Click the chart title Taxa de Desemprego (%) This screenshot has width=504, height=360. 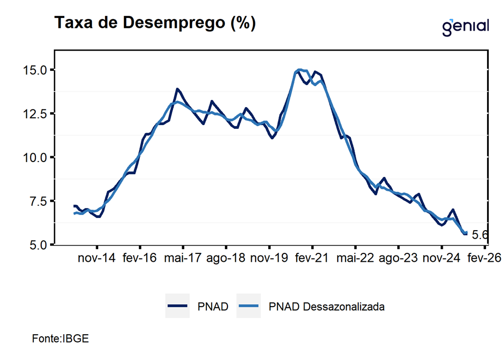coord(155,23)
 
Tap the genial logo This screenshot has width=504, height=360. coord(465,26)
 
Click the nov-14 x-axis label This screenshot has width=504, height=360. coord(97,259)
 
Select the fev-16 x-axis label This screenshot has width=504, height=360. coord(140,259)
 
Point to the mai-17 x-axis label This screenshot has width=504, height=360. coord(183,259)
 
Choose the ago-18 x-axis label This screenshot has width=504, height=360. coord(226,259)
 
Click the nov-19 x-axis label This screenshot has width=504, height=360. coord(269,259)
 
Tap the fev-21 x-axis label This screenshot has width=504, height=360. coord(312,259)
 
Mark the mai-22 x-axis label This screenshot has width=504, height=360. coord(355,259)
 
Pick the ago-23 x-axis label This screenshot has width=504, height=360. coord(398,259)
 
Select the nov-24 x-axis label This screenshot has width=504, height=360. coord(442,259)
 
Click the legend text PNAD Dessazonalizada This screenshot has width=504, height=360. coord(326,306)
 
